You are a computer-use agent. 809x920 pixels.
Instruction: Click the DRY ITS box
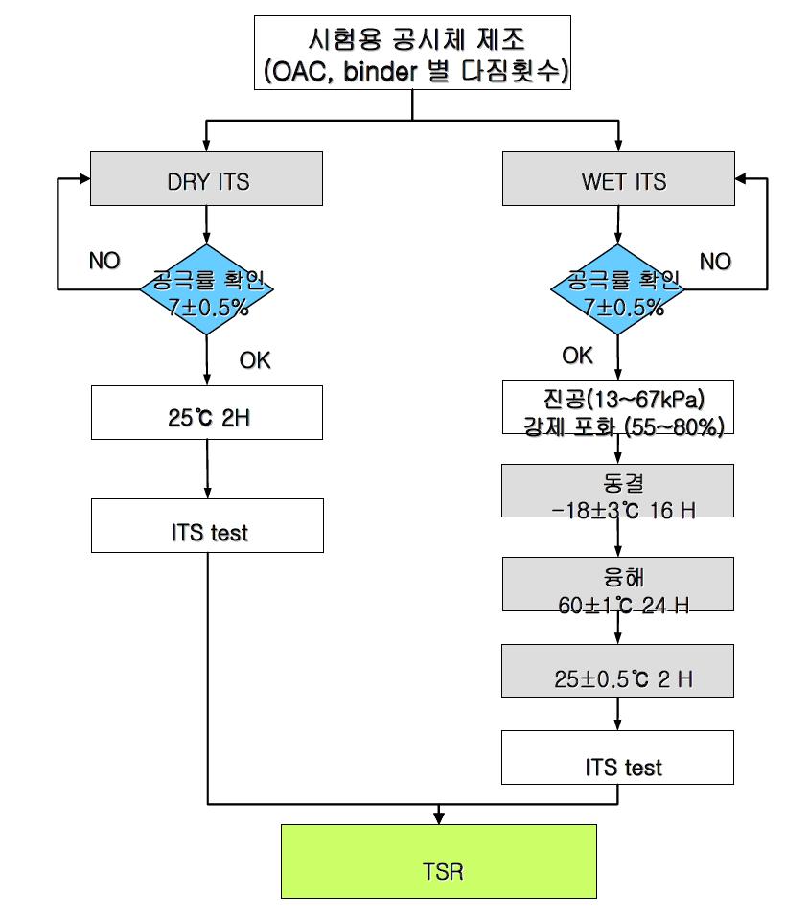[x=207, y=179]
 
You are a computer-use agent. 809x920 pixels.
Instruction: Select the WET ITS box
[x=618, y=179]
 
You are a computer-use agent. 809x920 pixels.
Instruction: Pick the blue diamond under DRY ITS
[x=207, y=289]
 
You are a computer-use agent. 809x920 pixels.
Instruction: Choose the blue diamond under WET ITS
[x=618, y=289]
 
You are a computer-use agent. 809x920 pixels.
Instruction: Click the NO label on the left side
[x=104, y=261]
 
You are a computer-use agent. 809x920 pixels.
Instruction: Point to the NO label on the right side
[x=715, y=261]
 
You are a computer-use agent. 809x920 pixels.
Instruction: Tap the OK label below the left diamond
[x=255, y=359]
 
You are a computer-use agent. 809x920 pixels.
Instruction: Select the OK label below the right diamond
[x=577, y=356]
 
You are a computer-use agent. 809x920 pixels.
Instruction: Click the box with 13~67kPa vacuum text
[x=618, y=411]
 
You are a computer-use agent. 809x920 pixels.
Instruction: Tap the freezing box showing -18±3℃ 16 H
[x=618, y=498]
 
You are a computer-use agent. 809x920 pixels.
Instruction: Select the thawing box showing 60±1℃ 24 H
[x=618, y=591]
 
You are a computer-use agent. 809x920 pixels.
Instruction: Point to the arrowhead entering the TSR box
[x=438, y=816]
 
